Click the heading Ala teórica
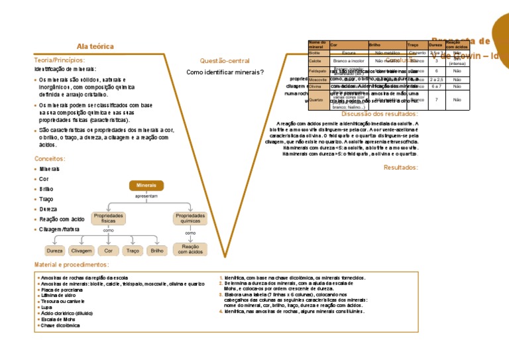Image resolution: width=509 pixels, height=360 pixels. point(95,47)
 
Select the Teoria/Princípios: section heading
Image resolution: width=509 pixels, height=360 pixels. point(60,60)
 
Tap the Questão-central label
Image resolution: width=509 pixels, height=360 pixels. point(225,61)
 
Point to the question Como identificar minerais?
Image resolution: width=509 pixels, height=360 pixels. point(225,72)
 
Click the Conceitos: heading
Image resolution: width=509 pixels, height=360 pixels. point(50,159)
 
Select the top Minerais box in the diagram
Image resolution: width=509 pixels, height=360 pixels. point(146,186)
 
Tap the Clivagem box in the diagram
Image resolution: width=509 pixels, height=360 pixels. point(81,251)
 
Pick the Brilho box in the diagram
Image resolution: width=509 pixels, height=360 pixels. point(157,251)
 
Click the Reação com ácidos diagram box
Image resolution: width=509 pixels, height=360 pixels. point(190,249)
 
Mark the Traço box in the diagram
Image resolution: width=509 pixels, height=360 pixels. point(133,251)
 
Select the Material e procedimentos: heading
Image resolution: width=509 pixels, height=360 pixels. point(72,265)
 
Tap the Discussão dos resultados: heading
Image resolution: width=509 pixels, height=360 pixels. point(380,114)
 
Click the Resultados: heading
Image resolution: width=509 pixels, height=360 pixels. point(401,168)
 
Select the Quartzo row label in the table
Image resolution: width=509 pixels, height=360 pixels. point(316,100)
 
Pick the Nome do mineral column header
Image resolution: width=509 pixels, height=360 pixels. point(317,44)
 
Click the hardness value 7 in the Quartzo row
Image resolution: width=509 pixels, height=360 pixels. point(436,100)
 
